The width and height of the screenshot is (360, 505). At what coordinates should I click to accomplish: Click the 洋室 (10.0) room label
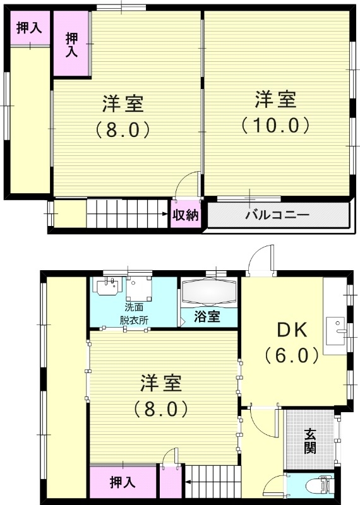(x=276, y=111)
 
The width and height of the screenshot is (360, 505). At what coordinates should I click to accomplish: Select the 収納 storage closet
(x=186, y=215)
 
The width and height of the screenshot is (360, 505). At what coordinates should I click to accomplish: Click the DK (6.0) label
(x=292, y=343)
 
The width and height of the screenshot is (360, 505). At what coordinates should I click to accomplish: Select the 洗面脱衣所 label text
(x=134, y=314)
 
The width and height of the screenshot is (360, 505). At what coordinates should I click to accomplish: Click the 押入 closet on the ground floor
(x=123, y=483)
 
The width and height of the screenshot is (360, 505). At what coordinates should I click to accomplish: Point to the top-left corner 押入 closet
(x=29, y=28)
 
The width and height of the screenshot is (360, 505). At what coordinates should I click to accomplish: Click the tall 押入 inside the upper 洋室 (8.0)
(x=71, y=44)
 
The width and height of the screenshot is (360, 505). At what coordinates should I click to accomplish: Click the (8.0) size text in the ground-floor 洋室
(x=160, y=408)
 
